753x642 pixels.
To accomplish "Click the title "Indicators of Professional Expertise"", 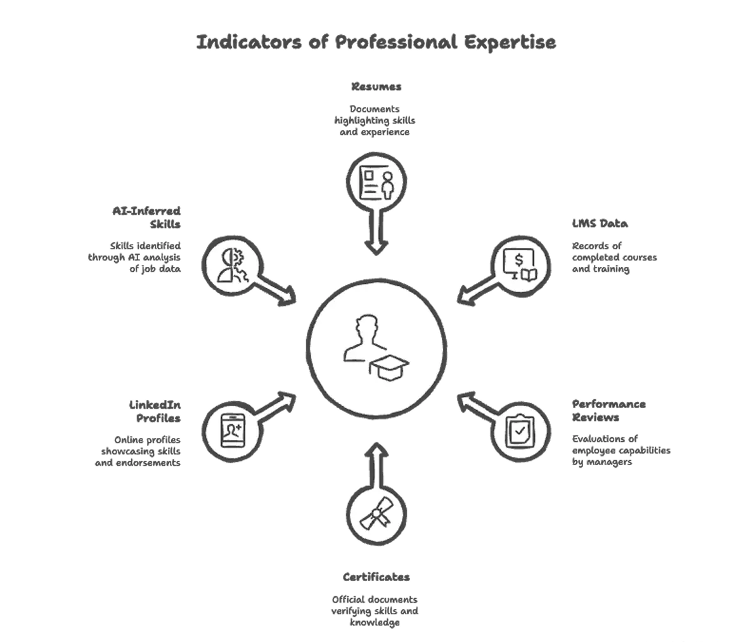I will (x=377, y=42).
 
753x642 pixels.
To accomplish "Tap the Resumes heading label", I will (x=376, y=86).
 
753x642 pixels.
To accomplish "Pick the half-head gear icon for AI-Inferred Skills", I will (x=232, y=265).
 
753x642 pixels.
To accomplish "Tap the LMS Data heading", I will (x=599, y=223).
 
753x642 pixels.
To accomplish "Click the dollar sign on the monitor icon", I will (x=519, y=259).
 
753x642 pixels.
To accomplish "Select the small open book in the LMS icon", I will (x=529, y=274).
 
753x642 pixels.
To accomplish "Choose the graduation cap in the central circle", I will (x=390, y=367).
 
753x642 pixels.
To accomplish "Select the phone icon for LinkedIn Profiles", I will (x=232, y=432).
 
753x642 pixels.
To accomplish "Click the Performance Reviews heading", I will (x=609, y=411).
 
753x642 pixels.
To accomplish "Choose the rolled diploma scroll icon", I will (x=376, y=515).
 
